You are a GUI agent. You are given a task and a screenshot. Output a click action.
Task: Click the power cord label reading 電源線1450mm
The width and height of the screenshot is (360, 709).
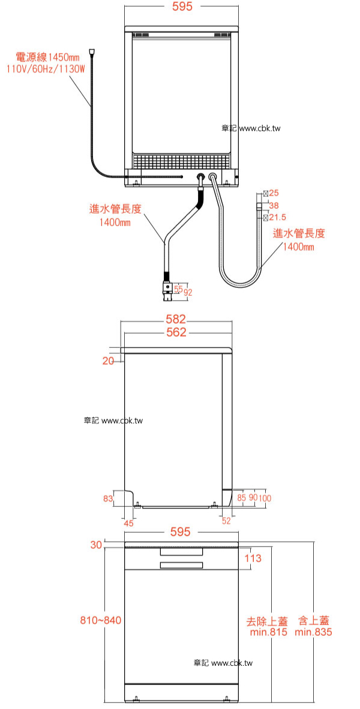(x=47, y=58)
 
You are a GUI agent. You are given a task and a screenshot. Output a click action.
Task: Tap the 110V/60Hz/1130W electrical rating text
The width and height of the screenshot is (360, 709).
(x=46, y=69)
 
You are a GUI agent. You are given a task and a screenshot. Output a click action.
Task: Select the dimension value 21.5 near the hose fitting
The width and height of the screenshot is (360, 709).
(x=277, y=217)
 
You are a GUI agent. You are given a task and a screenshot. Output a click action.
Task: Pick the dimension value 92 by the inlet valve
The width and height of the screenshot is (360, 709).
(x=188, y=292)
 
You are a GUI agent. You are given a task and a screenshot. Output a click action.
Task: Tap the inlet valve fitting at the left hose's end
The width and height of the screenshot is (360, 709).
(x=167, y=288)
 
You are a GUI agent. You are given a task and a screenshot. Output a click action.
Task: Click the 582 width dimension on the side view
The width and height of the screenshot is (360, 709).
(x=176, y=319)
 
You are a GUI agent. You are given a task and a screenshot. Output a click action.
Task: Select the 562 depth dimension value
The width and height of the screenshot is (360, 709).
(x=176, y=332)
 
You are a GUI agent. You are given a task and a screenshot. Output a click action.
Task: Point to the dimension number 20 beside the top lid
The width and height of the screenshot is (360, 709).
(x=108, y=361)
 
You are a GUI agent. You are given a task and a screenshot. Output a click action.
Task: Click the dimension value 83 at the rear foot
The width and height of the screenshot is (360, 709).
(x=107, y=498)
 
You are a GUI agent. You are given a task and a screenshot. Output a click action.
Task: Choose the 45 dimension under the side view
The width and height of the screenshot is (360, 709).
(x=129, y=523)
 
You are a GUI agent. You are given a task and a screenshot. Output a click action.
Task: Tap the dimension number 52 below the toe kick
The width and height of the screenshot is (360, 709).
(x=226, y=521)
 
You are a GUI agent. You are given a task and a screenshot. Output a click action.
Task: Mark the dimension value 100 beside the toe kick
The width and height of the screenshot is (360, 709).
(x=265, y=498)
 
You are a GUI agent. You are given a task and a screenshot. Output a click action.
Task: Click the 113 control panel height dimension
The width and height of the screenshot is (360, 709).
(x=253, y=558)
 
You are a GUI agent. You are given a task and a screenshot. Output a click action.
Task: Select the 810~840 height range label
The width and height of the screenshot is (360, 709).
(x=101, y=620)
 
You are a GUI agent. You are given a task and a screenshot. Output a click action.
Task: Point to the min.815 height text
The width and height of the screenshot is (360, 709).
(x=269, y=632)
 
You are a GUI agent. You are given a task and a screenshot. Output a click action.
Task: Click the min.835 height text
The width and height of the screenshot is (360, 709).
(x=313, y=632)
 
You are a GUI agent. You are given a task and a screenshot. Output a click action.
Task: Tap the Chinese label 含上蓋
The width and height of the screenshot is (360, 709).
(x=314, y=620)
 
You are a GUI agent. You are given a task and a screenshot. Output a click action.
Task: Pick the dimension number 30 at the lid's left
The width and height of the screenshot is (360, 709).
(x=96, y=545)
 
